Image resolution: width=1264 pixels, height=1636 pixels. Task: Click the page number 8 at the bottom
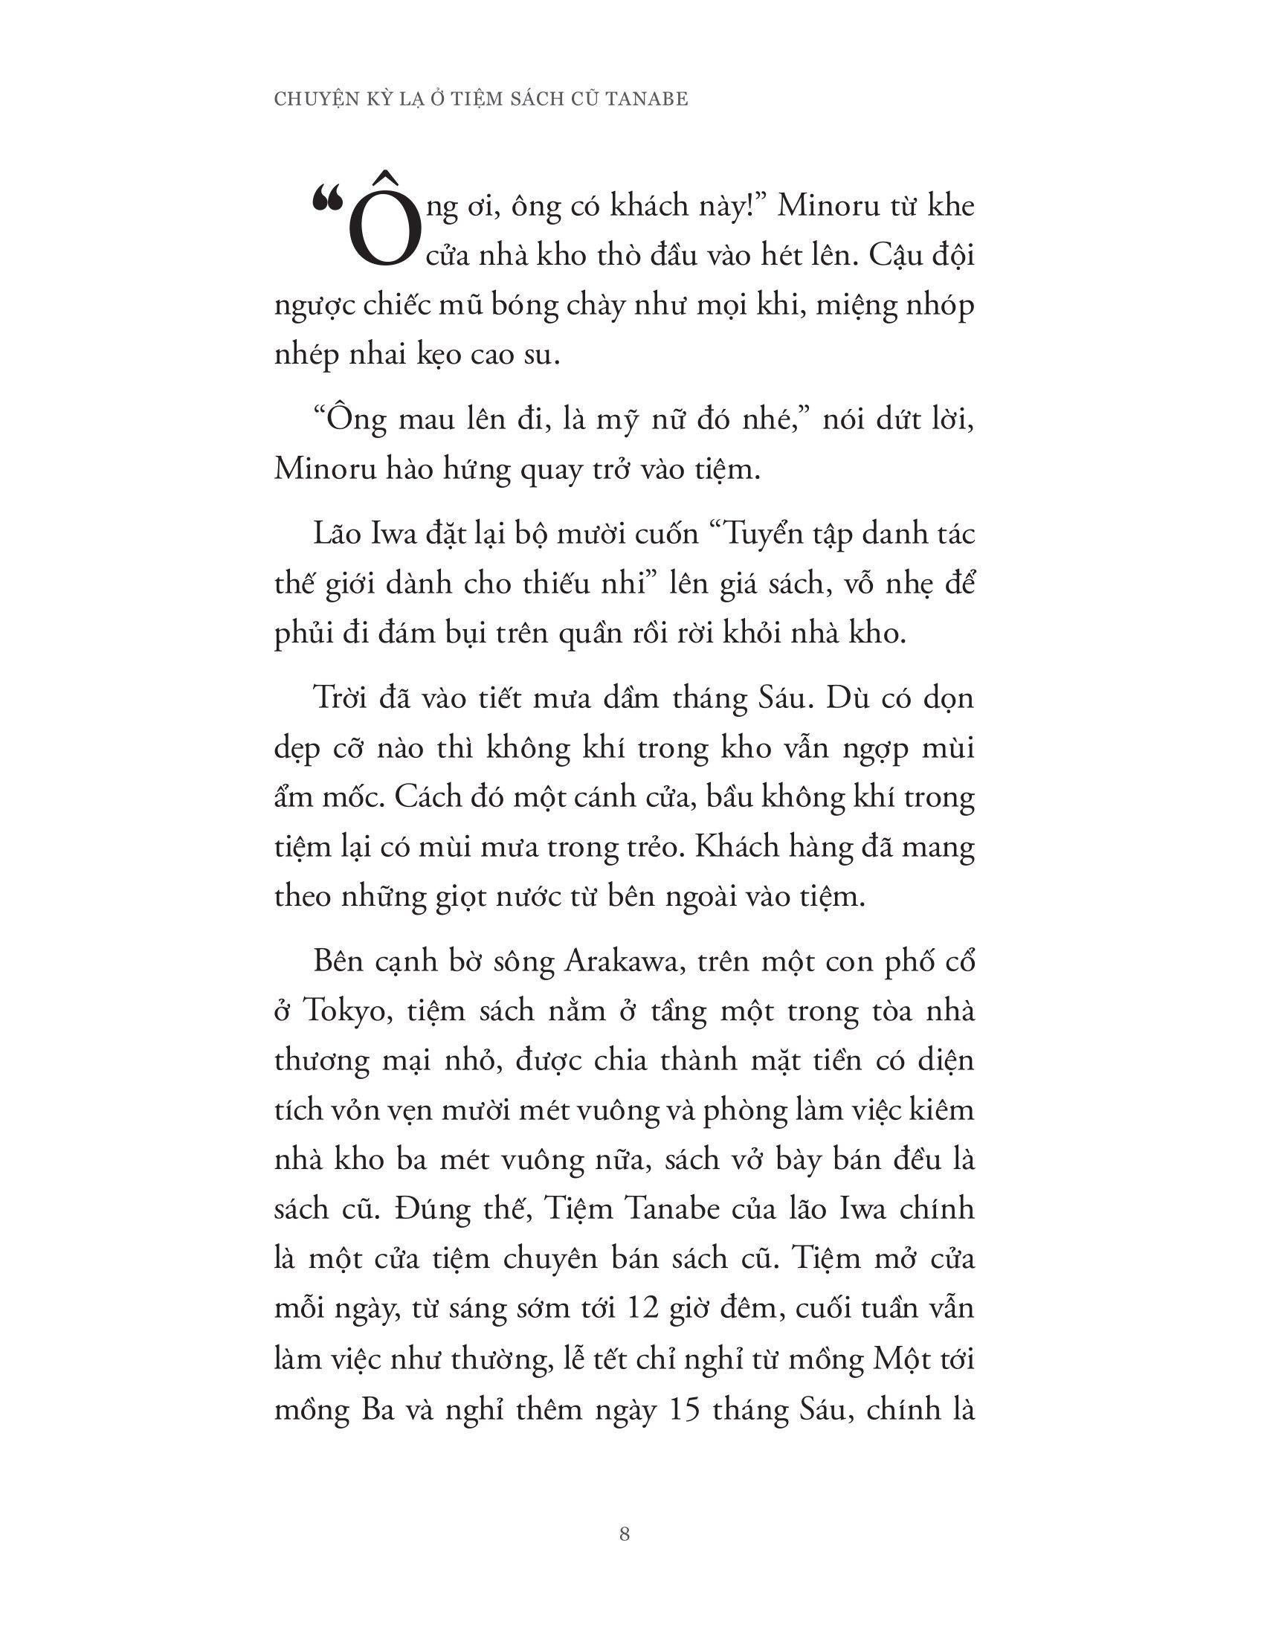coord(625,1535)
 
